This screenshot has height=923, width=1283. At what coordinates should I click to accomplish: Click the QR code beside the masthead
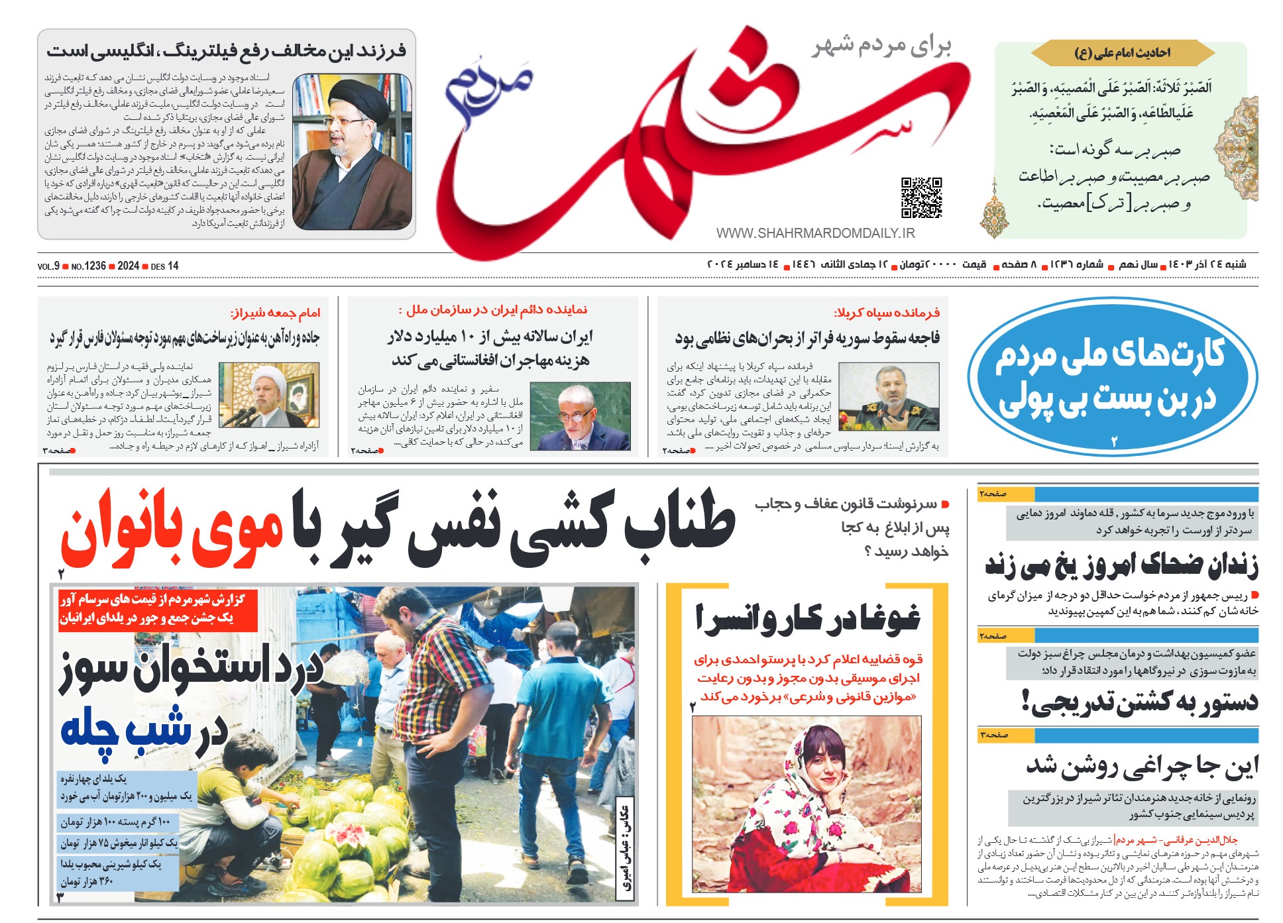[x=921, y=197]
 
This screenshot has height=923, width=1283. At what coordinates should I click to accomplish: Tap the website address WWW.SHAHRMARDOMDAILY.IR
[x=815, y=233]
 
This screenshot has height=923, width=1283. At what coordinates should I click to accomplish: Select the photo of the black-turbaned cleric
[x=352, y=152]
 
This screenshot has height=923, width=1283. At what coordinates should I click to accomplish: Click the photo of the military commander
[x=889, y=397]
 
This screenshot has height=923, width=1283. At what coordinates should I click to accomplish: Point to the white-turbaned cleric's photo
[x=269, y=396]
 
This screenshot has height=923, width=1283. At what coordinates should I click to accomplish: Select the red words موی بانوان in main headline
[x=172, y=529]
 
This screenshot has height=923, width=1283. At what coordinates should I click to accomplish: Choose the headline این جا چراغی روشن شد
[x=1142, y=766]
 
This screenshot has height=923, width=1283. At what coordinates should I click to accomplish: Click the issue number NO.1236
[x=89, y=266]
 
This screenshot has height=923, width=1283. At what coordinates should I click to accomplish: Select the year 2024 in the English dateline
[x=128, y=266]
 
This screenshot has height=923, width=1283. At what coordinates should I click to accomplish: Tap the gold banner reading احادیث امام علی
[x=1121, y=53]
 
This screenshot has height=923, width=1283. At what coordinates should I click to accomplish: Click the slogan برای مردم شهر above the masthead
[x=882, y=46]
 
